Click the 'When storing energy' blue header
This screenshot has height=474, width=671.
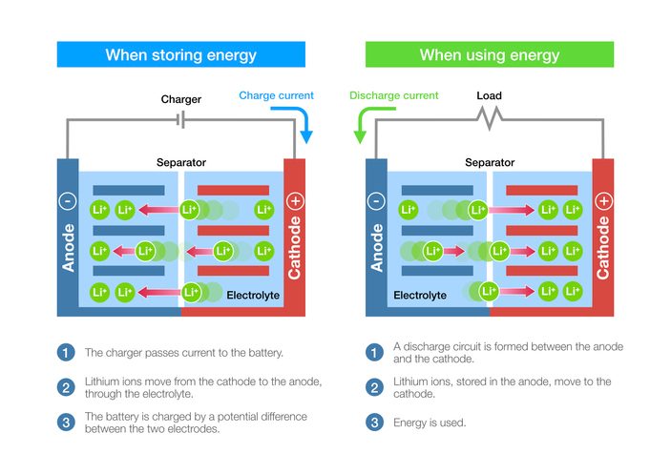(180, 54)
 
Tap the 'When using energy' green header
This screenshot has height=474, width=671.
(489, 54)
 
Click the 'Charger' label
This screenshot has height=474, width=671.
(180, 99)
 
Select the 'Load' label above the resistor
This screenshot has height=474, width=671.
(489, 96)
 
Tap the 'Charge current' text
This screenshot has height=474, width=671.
(276, 96)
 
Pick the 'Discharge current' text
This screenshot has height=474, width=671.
(394, 96)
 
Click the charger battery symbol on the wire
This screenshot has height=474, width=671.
(181, 120)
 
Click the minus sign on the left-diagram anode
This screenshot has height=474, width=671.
(67, 201)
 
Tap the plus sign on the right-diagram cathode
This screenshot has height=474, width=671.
(603, 201)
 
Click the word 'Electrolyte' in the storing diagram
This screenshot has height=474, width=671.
(253, 296)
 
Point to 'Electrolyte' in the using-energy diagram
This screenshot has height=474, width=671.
(420, 296)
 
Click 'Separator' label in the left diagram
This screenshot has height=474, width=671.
(181, 163)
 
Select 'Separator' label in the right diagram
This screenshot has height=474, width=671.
(490, 163)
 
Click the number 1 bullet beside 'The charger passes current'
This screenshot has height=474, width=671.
(66, 353)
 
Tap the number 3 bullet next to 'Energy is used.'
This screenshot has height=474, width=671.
(374, 422)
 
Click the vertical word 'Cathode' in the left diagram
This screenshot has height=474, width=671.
(294, 247)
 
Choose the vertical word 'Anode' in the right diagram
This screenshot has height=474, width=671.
(376, 247)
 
